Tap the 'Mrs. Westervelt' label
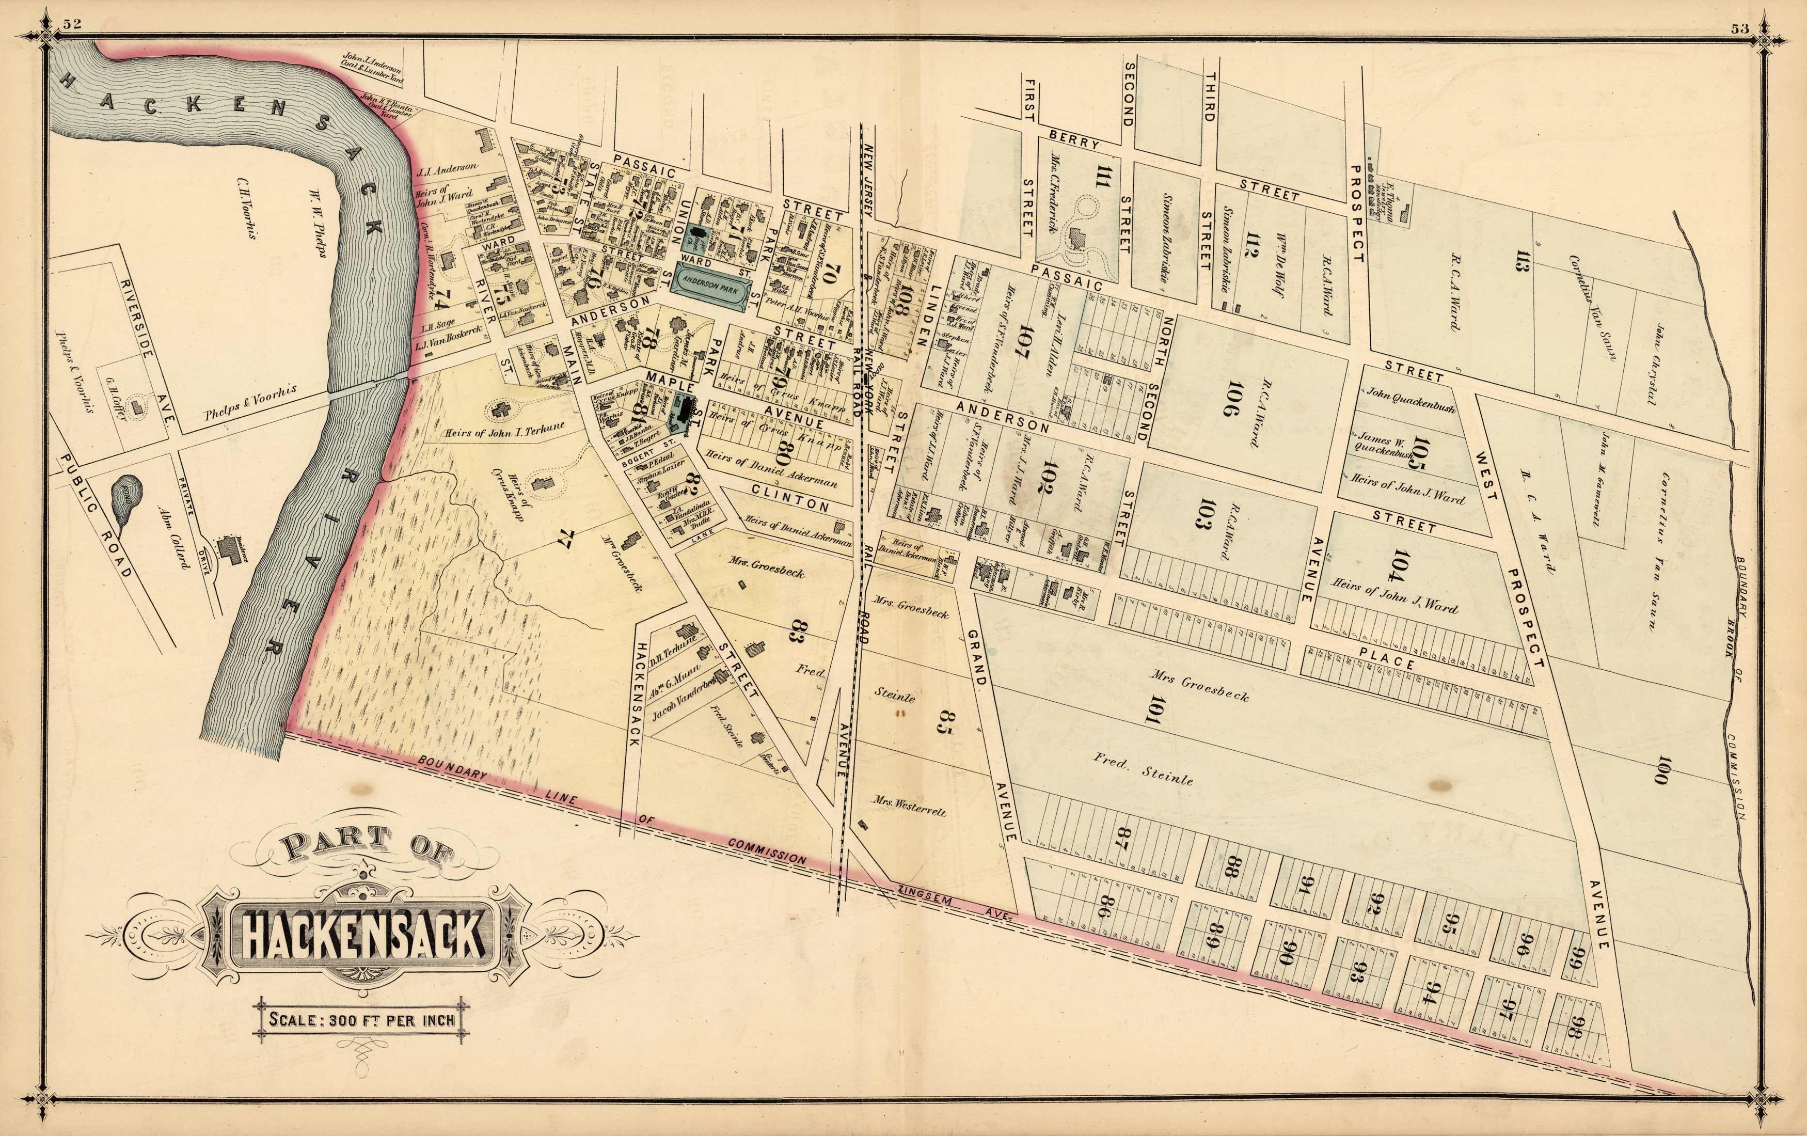click(x=909, y=807)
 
